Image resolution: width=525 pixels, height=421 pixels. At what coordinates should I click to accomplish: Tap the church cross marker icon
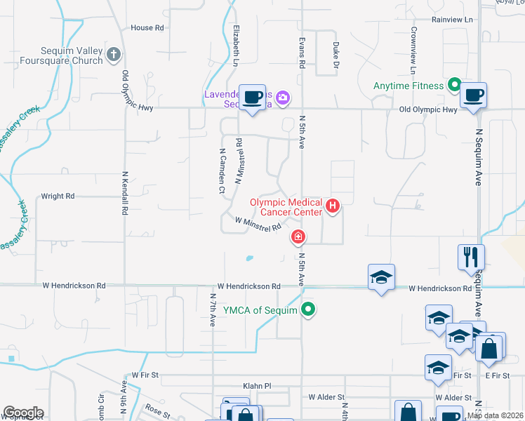click(x=114, y=54)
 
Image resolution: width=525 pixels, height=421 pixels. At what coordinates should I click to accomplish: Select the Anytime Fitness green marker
click(x=454, y=86)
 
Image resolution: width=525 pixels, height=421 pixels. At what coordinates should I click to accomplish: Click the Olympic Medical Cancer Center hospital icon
click(x=333, y=206)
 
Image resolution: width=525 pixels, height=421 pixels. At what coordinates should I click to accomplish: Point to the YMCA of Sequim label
click(x=260, y=309)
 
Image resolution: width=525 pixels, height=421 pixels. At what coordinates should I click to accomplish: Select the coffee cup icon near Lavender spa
click(x=252, y=97)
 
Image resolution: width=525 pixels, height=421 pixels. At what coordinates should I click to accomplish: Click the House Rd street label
click(x=147, y=28)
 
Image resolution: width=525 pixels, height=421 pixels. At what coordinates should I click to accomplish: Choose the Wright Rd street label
click(x=58, y=197)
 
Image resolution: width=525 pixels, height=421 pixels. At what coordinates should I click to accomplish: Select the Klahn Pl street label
click(x=257, y=386)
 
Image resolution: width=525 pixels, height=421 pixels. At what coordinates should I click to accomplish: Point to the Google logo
click(x=23, y=413)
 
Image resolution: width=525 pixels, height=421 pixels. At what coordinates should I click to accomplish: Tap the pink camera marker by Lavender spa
click(x=283, y=98)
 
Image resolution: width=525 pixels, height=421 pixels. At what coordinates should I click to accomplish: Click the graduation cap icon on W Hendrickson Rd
click(x=381, y=277)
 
